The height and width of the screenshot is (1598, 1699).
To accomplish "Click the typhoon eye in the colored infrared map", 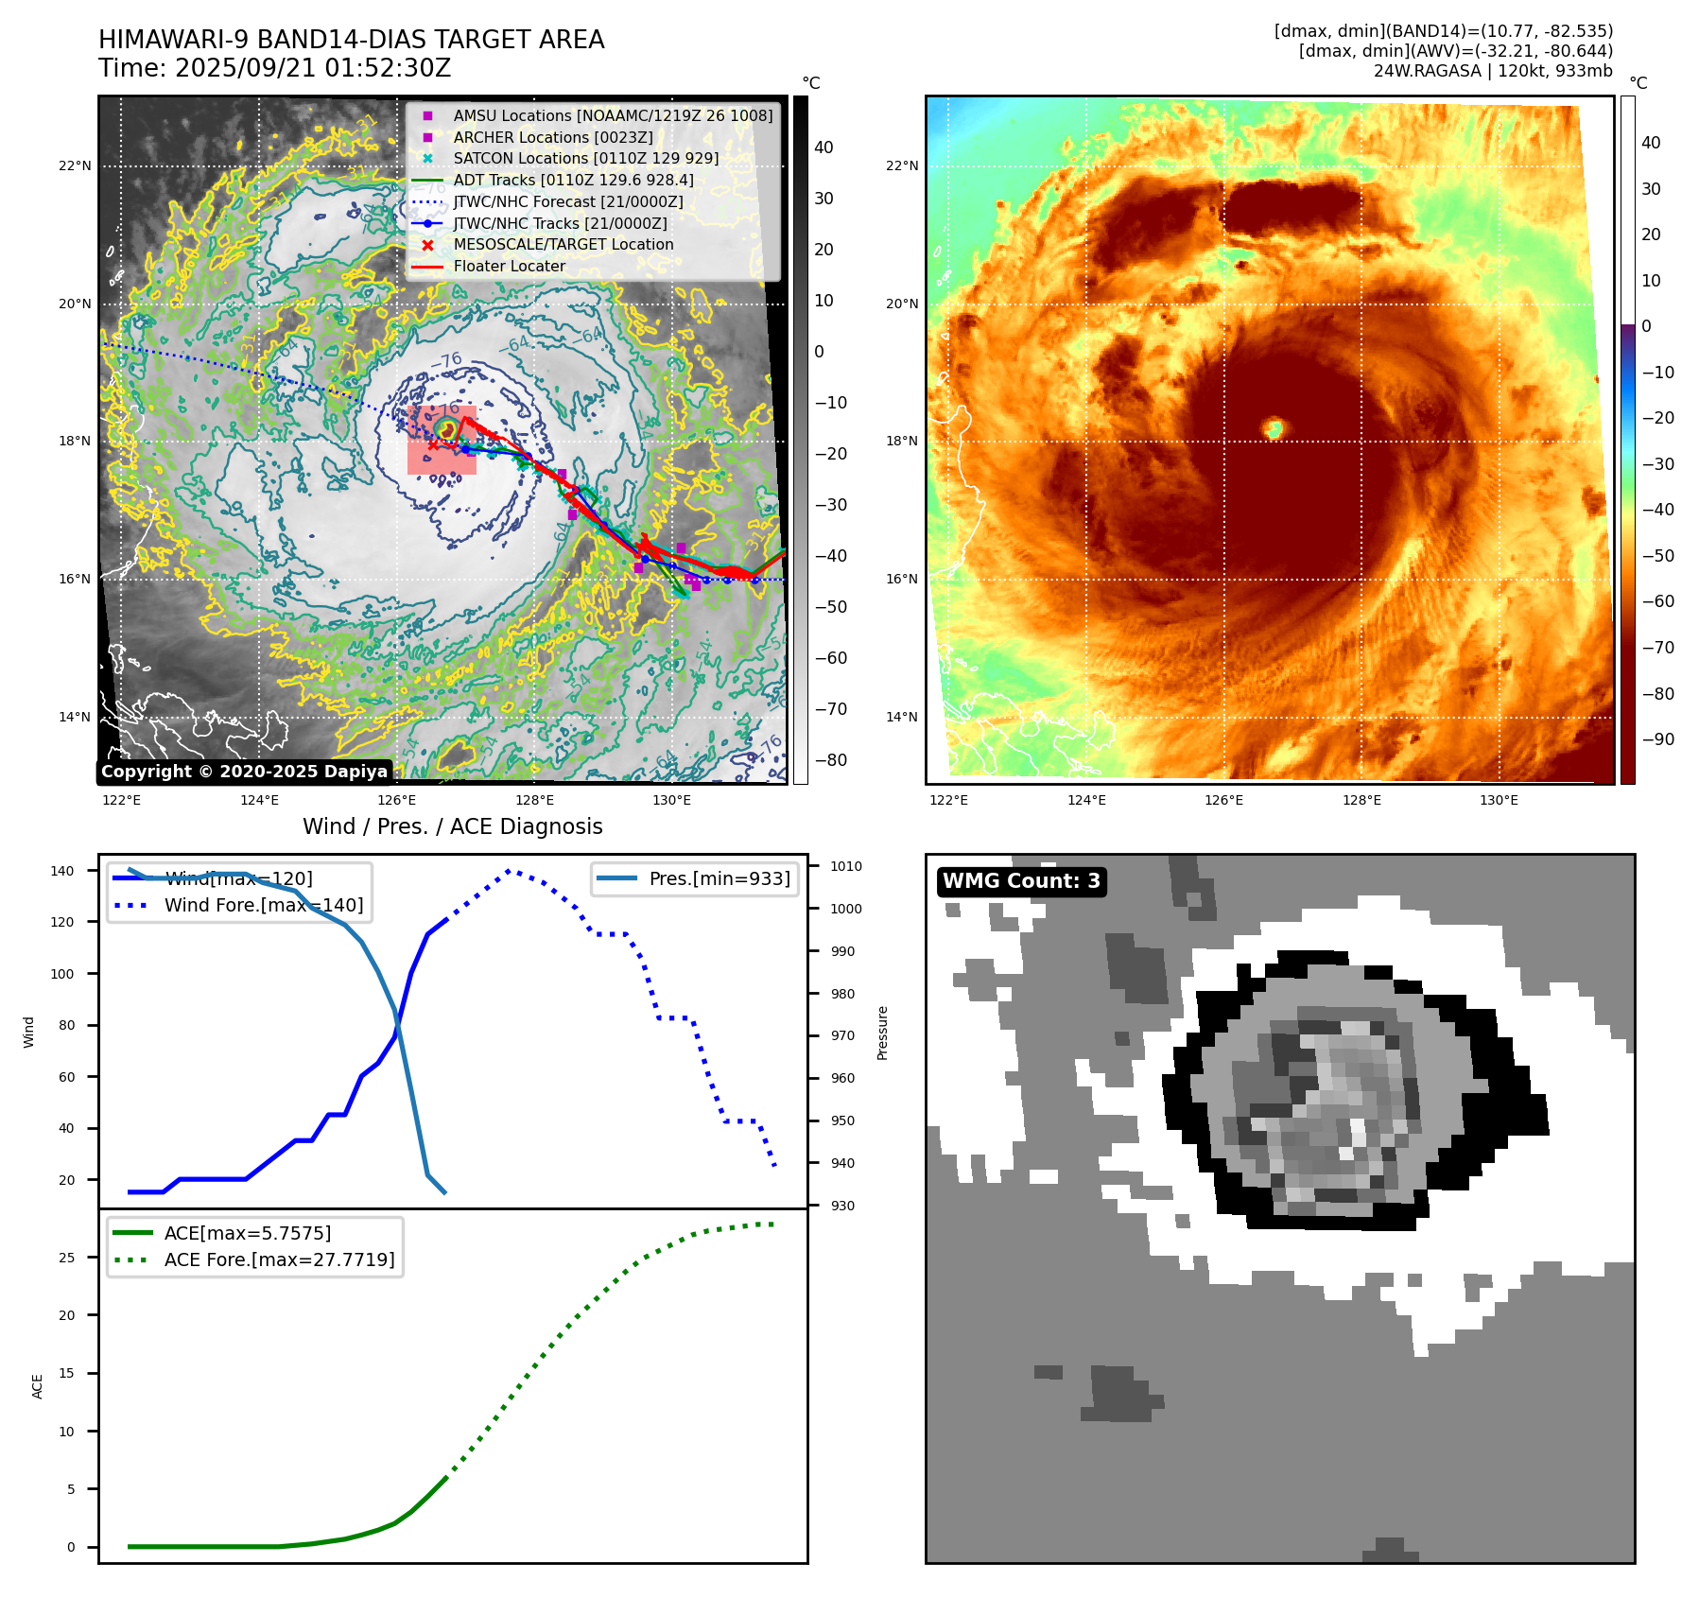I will pos(1274,428).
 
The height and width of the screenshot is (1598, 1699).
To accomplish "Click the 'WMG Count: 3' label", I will pos(1021,881).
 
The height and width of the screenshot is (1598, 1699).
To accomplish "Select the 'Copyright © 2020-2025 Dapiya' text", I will pos(244,772).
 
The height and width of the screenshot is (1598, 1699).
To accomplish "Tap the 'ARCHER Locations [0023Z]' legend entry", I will pos(553,137).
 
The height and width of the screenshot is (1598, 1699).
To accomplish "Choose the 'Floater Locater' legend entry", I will pos(509,266).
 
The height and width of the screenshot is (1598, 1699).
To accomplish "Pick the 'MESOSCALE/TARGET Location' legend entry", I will pos(563,244).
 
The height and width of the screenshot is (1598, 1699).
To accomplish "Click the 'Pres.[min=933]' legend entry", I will pos(719,878).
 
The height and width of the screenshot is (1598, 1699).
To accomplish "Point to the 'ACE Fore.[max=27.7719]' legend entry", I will pos(279,1259).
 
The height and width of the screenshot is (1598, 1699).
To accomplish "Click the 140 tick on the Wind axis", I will pos(62,871).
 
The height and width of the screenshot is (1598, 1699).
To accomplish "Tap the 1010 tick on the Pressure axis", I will pos(846,866).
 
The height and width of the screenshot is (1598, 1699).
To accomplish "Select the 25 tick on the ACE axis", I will pos(66,1258).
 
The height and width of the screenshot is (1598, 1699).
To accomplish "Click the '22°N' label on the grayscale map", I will pos(75,166).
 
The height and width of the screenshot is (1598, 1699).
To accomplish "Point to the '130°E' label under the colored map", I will pos(1499,800).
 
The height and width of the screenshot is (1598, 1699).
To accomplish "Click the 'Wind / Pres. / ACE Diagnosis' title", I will pos(452,826).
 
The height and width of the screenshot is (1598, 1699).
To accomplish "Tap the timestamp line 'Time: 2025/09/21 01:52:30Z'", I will pos(274,68).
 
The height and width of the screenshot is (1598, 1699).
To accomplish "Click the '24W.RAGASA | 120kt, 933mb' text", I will pos(1493,71).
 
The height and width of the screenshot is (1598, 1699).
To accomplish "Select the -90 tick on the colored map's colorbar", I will pos(1657,739).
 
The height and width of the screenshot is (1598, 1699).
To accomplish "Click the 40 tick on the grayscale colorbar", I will pos(823,148).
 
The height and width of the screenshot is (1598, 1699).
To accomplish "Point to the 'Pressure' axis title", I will pos(882,1033).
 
